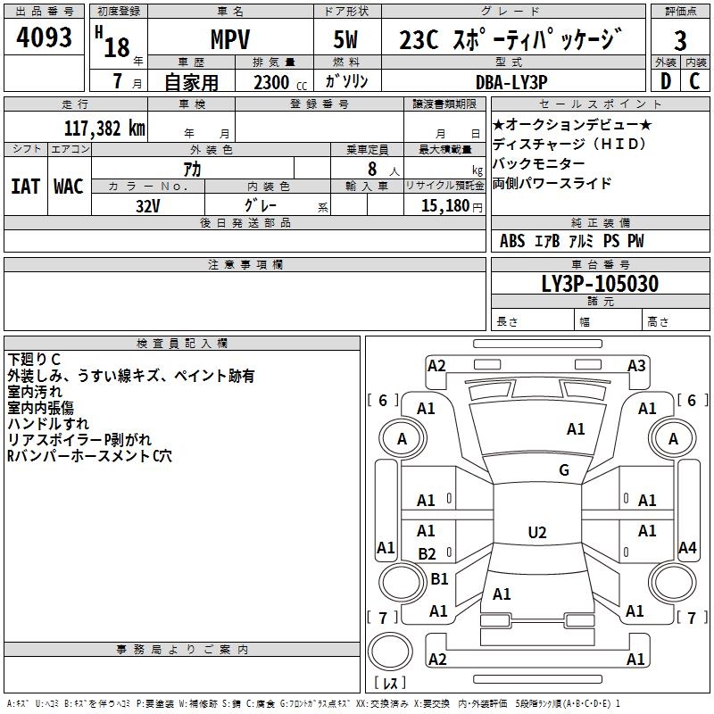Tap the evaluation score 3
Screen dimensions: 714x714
pyautogui.click(x=680, y=41)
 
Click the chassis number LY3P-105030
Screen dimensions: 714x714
pyautogui.click(x=600, y=285)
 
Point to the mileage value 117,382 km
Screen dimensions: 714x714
pyautogui.click(x=104, y=128)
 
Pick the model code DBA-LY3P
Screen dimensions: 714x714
pyautogui.click(x=511, y=81)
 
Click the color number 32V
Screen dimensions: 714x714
pyautogui.click(x=148, y=204)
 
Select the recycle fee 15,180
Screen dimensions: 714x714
pyautogui.click(x=444, y=205)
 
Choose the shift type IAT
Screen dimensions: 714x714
pyautogui.click(x=25, y=187)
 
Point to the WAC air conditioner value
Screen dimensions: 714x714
pyautogui.click(x=69, y=187)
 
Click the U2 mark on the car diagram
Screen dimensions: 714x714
pyautogui.click(x=536, y=533)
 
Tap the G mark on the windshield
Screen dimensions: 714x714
pyautogui.click(x=563, y=470)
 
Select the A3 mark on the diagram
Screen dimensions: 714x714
pyautogui.click(x=636, y=365)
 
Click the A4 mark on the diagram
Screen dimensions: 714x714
pyautogui.click(x=687, y=547)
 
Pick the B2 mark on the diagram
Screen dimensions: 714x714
pyautogui.click(x=427, y=554)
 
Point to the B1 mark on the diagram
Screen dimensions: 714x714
pyautogui.click(x=439, y=579)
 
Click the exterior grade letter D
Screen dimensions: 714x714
pyautogui.click(x=665, y=81)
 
